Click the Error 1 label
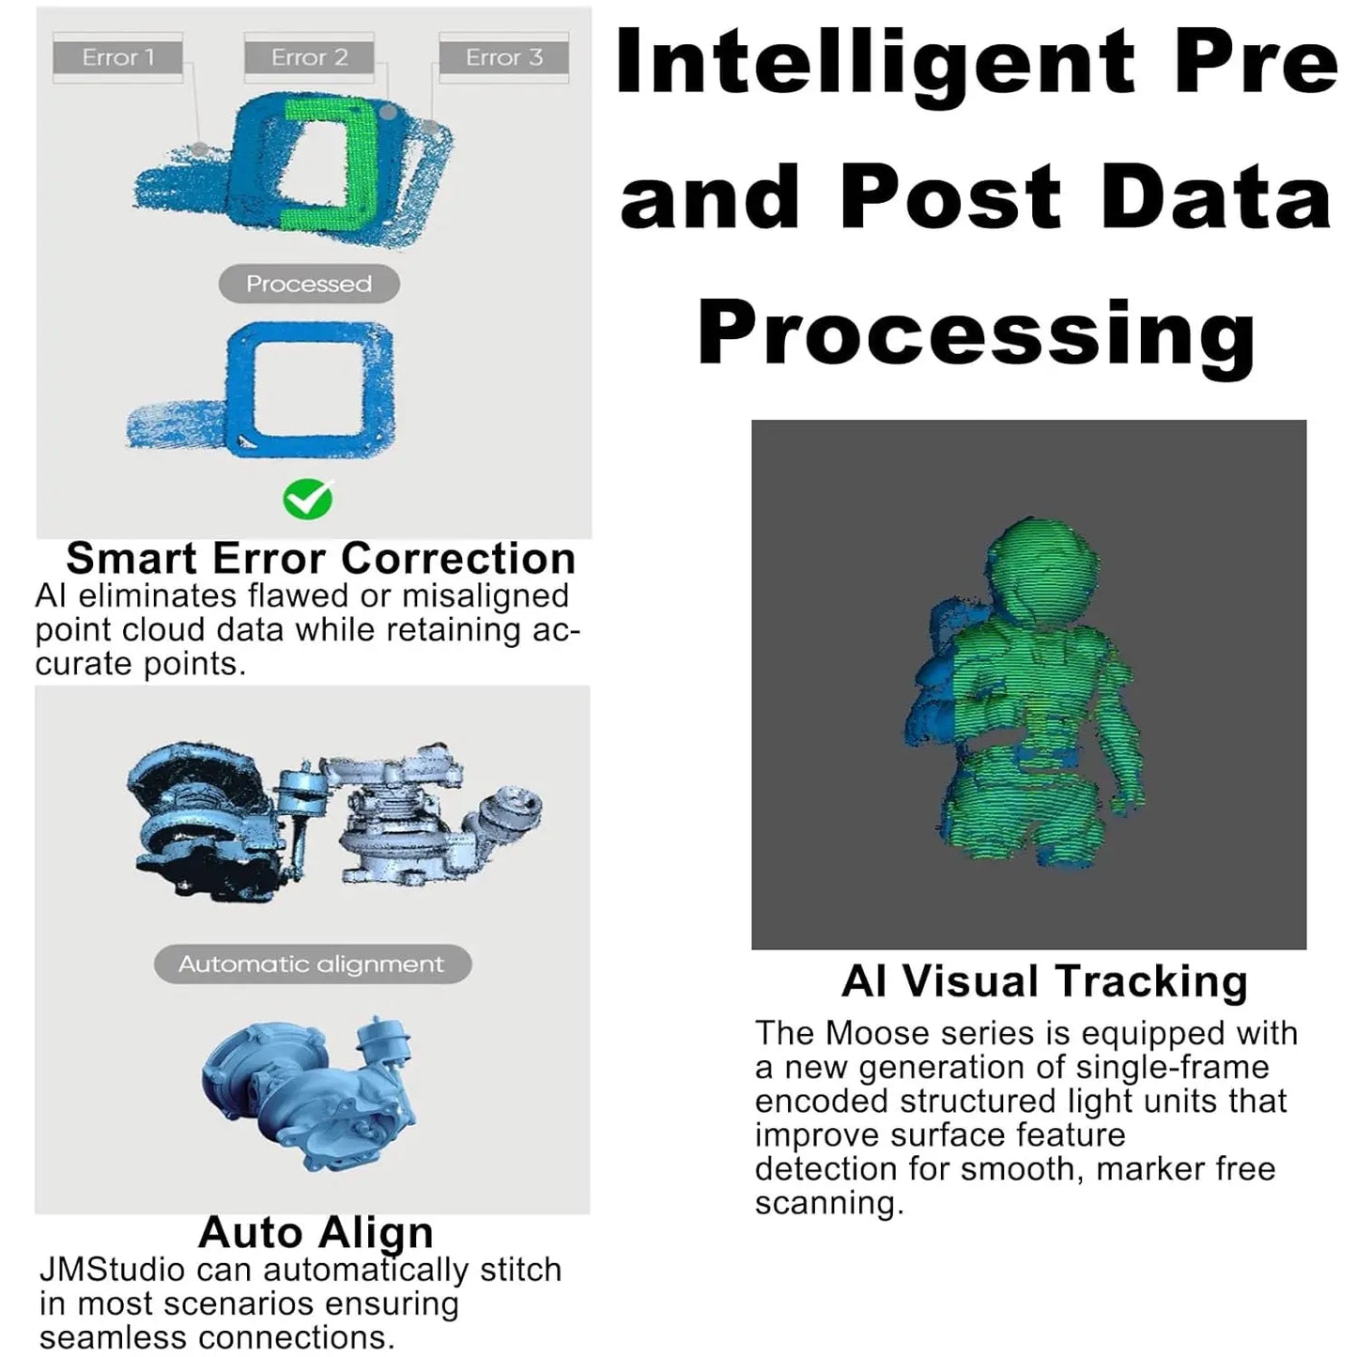pos(117,57)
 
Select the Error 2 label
pos(309,57)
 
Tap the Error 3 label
pos(504,57)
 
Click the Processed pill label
pos(309,284)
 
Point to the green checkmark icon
pos(307,499)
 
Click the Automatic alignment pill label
pos(312,964)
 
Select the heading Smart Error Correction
pos(320,559)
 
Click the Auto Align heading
pos(316,1232)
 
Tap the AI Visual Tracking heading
pos(1044,982)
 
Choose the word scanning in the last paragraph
pos(828,1203)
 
